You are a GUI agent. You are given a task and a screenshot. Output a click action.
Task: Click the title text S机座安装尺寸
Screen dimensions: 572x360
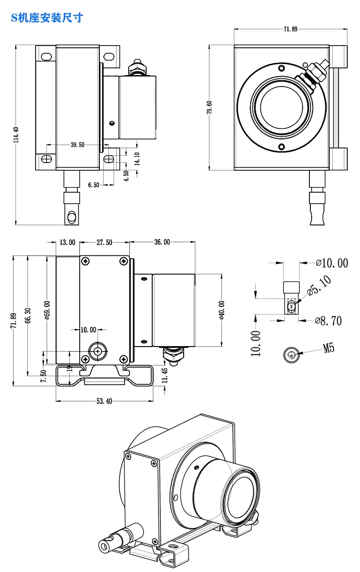click(x=47, y=18)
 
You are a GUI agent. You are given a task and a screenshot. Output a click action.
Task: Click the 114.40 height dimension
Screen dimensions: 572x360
click(x=16, y=134)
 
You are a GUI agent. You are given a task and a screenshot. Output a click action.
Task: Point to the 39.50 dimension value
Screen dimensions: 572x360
click(x=77, y=145)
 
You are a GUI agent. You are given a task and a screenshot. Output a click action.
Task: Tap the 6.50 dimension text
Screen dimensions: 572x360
click(x=93, y=185)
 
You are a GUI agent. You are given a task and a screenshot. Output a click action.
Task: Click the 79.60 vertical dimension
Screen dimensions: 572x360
click(x=209, y=107)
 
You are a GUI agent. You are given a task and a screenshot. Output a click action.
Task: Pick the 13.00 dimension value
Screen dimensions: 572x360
click(x=67, y=242)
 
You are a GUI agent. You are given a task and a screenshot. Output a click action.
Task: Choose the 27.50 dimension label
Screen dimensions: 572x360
click(x=104, y=242)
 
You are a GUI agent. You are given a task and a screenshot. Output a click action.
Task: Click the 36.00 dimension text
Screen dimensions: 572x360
click(x=162, y=242)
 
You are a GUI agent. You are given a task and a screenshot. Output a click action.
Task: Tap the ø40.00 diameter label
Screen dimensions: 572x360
click(x=222, y=310)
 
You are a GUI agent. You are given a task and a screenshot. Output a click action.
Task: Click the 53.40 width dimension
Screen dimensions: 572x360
click(x=104, y=401)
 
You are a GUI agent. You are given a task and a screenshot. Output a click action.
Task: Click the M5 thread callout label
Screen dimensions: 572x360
click(x=329, y=348)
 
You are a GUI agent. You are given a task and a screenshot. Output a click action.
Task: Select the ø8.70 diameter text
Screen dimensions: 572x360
click(x=328, y=321)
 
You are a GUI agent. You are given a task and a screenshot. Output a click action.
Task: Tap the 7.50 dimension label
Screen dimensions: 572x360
click(x=44, y=376)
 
